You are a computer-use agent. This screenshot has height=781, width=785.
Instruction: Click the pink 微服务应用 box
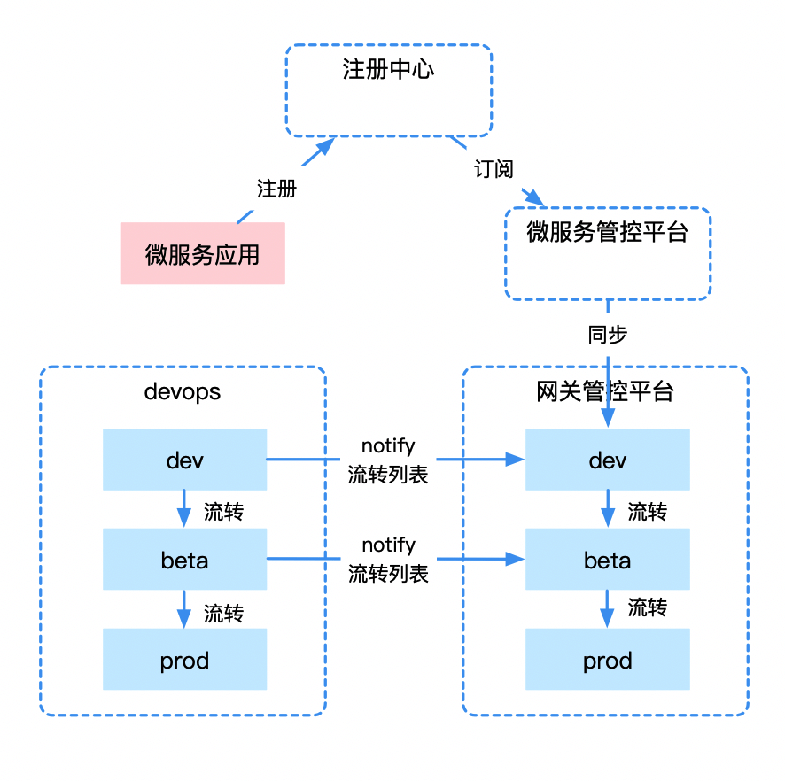[x=203, y=254]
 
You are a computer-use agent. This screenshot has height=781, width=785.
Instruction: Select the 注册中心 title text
[x=388, y=70]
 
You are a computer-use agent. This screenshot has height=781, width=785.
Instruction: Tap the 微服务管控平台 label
[x=607, y=233]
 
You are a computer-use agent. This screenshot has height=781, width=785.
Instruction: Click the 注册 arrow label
[x=276, y=189]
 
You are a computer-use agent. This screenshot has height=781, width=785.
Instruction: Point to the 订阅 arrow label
[x=494, y=169]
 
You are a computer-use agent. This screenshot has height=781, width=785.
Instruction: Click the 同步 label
[x=608, y=335]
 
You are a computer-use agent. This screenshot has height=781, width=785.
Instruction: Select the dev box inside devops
[x=184, y=460]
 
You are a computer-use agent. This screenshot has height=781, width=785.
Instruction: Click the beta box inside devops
[x=184, y=560]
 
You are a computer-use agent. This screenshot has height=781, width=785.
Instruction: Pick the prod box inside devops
[x=184, y=660]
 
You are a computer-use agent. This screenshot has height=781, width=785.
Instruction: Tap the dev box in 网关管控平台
[x=607, y=460]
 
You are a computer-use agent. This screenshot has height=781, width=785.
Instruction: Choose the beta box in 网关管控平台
[x=607, y=560]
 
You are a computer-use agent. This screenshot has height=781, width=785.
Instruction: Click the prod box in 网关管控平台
[x=607, y=660]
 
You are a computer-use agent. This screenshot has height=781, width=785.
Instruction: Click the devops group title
[x=182, y=391]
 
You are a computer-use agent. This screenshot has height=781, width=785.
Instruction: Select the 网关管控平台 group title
[x=605, y=391]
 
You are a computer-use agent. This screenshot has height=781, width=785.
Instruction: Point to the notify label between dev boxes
[x=388, y=446]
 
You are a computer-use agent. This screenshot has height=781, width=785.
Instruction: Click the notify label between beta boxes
[x=388, y=545]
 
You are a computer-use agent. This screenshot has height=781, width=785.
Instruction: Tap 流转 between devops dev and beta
[x=223, y=512]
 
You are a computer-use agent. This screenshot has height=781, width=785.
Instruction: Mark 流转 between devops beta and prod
[x=223, y=613]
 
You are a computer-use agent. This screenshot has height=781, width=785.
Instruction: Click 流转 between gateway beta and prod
[x=647, y=607]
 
